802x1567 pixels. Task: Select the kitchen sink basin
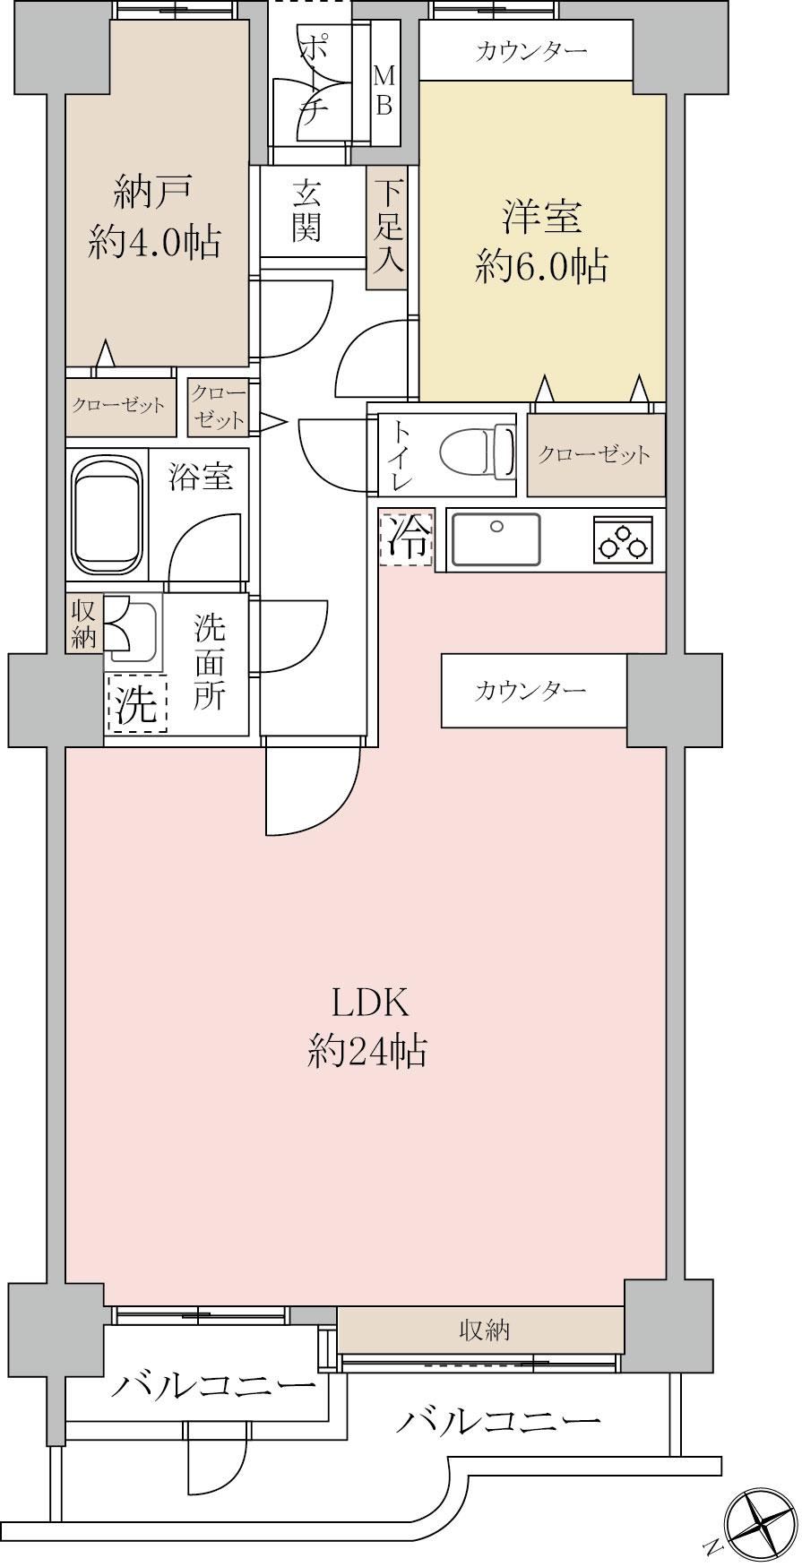point(496,539)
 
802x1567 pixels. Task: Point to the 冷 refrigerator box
point(407,537)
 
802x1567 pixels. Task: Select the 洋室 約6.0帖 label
point(542,241)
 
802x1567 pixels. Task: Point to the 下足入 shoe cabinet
point(388,228)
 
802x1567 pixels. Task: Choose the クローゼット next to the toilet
point(596,454)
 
